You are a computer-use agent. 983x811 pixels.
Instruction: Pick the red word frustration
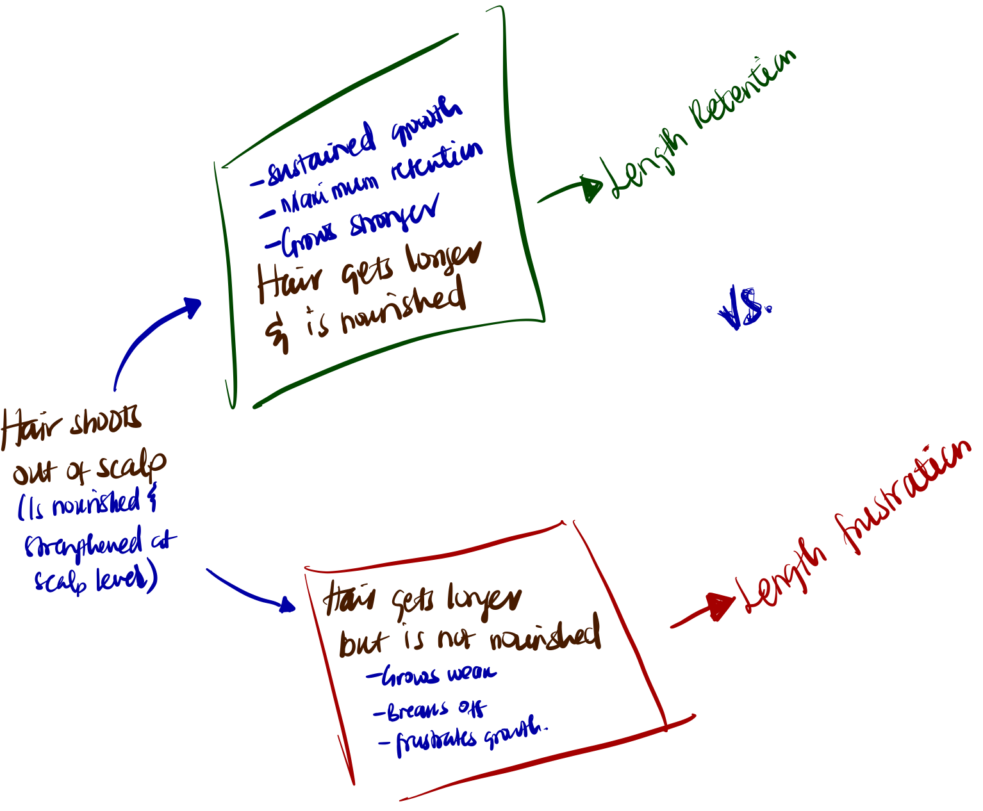(904, 497)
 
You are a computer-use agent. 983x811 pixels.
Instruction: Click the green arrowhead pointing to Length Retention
(592, 189)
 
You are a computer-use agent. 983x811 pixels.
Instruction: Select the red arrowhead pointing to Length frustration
(720, 605)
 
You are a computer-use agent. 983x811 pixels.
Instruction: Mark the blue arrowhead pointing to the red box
(286, 604)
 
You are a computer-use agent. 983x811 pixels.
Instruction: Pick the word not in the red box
(456, 639)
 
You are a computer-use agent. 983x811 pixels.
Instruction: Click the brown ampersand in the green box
(277, 333)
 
